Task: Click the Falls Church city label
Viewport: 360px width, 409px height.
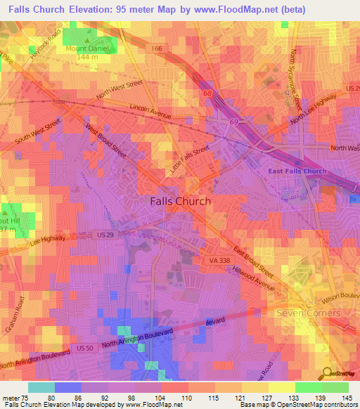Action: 180,201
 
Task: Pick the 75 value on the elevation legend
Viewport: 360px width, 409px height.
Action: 28,397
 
